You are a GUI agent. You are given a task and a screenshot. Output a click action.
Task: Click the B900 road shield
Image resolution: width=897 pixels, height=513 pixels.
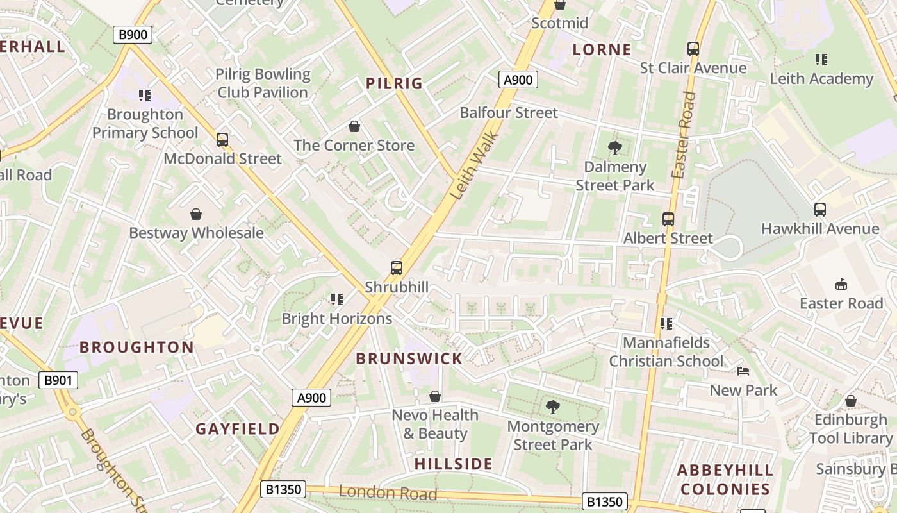coord(133,35)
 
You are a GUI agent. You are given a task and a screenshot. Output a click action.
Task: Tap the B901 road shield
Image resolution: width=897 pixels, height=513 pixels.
coord(58,380)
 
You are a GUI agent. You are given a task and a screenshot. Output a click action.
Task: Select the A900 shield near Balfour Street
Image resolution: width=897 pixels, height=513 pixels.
coord(518,80)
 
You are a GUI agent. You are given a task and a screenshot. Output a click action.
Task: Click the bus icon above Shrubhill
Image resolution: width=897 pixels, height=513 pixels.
coord(397,268)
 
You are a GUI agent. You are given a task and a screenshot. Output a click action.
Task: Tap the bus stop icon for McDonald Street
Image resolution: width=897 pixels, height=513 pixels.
coord(222,140)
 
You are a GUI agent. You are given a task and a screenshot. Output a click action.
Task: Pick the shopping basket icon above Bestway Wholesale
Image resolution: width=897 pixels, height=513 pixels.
coord(196,214)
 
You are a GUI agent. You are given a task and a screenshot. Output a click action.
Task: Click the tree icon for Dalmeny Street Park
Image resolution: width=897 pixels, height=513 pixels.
coord(614,148)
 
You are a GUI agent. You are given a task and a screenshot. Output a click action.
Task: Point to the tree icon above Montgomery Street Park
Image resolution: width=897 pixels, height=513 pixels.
coord(552,407)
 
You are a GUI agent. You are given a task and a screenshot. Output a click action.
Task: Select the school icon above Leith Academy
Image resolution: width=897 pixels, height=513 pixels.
coord(821,60)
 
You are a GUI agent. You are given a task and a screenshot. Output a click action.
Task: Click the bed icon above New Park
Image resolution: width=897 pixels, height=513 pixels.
coord(743,371)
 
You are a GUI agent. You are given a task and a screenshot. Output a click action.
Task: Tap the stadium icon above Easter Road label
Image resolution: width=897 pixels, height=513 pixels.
coord(841,284)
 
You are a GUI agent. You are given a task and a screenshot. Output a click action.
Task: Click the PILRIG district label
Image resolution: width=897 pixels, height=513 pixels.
coord(394,83)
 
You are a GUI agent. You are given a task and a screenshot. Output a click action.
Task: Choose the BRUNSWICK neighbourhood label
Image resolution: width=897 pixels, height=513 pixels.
coord(409,359)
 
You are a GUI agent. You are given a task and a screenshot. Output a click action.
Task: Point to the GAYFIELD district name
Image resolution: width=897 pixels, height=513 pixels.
coord(238,429)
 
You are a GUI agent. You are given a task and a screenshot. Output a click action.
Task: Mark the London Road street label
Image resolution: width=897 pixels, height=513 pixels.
coord(388,493)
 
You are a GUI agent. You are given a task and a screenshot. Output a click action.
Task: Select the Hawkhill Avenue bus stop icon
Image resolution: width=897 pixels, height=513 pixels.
coord(819,210)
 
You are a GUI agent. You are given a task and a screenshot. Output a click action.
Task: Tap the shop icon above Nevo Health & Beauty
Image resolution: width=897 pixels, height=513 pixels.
coord(435,397)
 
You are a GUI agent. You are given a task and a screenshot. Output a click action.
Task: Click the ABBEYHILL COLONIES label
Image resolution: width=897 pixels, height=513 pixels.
coord(725,480)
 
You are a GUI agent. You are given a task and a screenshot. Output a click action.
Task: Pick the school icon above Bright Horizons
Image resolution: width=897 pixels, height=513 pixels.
coord(337,299)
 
